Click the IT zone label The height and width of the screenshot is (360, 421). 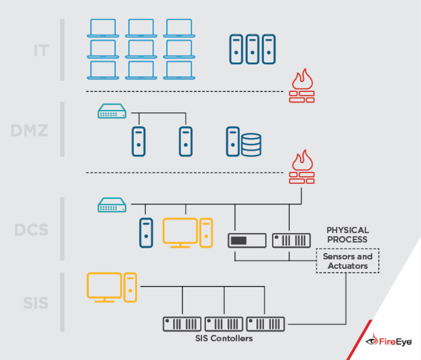click(41, 51)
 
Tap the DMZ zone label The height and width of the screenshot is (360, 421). click(29, 129)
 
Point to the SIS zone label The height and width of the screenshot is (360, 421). click(36, 303)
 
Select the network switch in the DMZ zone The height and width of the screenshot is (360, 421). click(112, 112)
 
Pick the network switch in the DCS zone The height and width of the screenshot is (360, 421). click(112, 205)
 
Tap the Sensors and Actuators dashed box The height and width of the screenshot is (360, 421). click(348, 261)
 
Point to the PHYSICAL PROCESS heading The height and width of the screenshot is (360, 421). click(348, 234)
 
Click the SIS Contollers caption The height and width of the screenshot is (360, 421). click(224, 338)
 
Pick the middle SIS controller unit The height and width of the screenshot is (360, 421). click(224, 324)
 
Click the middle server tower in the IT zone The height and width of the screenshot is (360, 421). click(252, 49)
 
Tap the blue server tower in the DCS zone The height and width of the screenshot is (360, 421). click(146, 233)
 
